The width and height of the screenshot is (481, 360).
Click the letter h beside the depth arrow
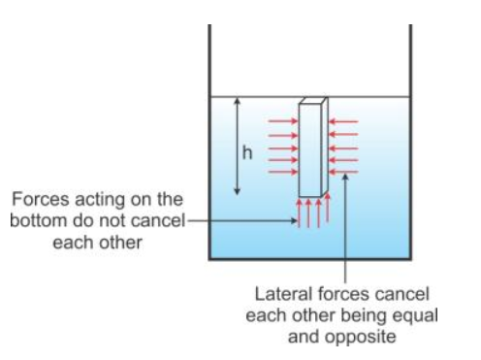tap(245, 152)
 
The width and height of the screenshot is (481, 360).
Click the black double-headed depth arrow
tap(234, 146)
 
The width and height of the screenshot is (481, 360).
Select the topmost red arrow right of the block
tap(344, 121)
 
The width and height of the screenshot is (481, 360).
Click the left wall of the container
tap(210, 146)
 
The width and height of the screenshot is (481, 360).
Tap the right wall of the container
tap(410, 146)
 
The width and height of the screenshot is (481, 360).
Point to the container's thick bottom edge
tap(310, 260)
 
